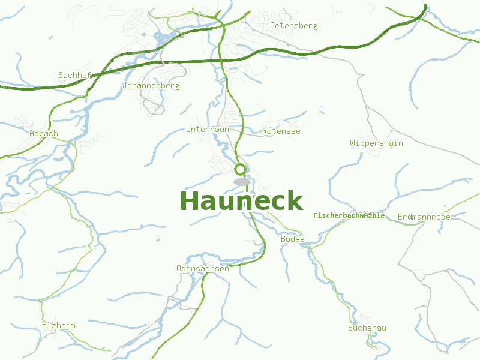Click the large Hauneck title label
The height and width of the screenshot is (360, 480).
tap(241, 201)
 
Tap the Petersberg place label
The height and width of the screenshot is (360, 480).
tap(293, 26)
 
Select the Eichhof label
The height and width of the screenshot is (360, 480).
tap(74, 75)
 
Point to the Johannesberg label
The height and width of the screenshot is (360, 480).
tap(151, 86)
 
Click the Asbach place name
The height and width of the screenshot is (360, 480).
tap(44, 133)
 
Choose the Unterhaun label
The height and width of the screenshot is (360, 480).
tap(208, 130)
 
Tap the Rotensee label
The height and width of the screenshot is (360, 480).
tap(281, 131)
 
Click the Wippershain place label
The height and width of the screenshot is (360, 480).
tap(376, 143)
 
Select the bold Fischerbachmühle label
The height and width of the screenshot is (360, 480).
tap(349, 215)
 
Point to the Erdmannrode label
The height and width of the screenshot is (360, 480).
tap(424, 217)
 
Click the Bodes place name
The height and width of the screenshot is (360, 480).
tap(293, 239)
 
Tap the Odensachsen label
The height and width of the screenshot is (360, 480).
tap(202, 268)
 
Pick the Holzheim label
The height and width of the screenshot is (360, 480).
tap(56, 326)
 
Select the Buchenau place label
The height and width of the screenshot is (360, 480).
tap(367, 328)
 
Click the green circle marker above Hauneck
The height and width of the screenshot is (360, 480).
tap(240, 169)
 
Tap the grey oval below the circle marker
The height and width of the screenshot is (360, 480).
tap(242, 182)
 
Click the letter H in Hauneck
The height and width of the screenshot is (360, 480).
tap(190, 201)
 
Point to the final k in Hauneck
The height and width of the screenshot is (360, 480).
tap(295, 201)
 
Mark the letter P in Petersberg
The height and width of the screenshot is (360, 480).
tap(272, 26)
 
